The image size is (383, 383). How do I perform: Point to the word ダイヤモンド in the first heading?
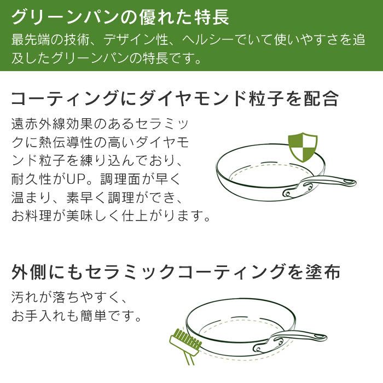pyautogui.click(x=208, y=99)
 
